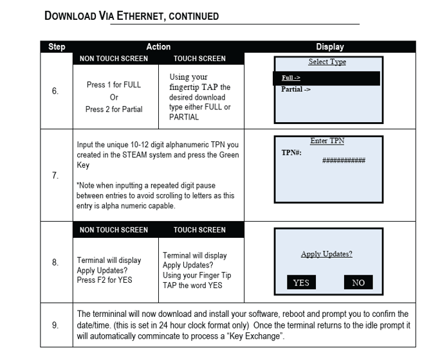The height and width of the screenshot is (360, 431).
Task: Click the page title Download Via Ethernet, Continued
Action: tap(131, 15)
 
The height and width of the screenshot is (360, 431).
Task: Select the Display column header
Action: tap(329, 47)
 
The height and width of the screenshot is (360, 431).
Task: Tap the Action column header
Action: tap(158, 47)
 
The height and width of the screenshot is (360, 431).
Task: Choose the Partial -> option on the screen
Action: tap(296, 89)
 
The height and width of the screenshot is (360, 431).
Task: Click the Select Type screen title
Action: tap(327, 62)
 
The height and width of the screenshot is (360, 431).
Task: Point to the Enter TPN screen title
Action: tap(327, 141)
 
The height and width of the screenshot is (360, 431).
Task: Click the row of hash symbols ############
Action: tap(344, 160)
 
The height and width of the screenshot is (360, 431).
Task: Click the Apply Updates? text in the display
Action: tap(326, 254)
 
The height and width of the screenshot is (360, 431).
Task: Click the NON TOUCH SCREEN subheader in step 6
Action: tap(113, 59)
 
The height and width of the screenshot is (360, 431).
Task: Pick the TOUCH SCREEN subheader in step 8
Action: tap(199, 230)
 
